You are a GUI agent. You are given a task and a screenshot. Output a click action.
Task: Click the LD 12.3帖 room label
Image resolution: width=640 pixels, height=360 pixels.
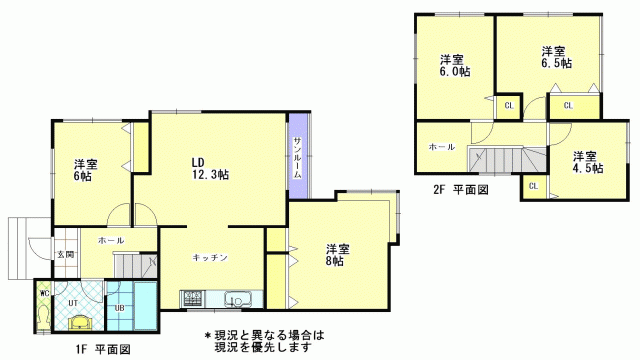click(210, 169)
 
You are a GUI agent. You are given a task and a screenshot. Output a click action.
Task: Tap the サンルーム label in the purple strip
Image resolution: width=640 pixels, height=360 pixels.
click(298, 158)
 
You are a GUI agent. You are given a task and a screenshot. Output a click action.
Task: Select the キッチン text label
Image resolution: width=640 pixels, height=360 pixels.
click(210, 258)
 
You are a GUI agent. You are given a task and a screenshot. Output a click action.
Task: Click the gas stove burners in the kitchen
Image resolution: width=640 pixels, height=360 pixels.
click(193, 298)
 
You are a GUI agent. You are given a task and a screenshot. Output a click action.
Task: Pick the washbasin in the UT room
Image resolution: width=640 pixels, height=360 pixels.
click(81, 323)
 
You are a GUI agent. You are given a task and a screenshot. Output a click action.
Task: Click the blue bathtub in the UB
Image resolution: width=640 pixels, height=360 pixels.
click(146, 305)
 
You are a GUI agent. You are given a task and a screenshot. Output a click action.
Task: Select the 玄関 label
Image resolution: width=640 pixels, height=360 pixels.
click(65, 255)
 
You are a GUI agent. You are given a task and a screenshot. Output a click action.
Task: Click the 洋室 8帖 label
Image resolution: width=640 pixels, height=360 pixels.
click(337, 255)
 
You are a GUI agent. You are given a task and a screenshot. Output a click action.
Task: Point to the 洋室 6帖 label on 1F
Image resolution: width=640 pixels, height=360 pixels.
click(86, 171)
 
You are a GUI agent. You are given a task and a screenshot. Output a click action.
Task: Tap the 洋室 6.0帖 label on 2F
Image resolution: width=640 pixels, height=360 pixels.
click(455, 66)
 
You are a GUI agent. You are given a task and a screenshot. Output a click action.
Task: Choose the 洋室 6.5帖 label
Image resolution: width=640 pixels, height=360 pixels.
click(556, 58)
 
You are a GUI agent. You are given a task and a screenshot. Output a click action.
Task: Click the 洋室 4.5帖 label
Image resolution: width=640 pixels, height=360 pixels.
click(588, 162)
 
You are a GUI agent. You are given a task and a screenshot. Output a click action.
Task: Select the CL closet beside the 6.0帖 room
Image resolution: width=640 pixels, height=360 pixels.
click(509, 106)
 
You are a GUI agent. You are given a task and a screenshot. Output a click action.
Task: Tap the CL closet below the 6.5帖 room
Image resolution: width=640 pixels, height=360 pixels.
click(568, 106)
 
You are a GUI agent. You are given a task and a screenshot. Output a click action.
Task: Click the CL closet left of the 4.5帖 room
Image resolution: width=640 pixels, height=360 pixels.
click(533, 187)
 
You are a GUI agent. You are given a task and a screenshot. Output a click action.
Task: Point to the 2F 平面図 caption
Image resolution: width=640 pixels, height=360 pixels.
click(461, 190)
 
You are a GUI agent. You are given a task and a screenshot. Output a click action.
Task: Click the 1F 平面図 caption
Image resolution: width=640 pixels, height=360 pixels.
click(103, 349)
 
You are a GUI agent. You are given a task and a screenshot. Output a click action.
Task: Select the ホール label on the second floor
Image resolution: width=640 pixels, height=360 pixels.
click(442, 147)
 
